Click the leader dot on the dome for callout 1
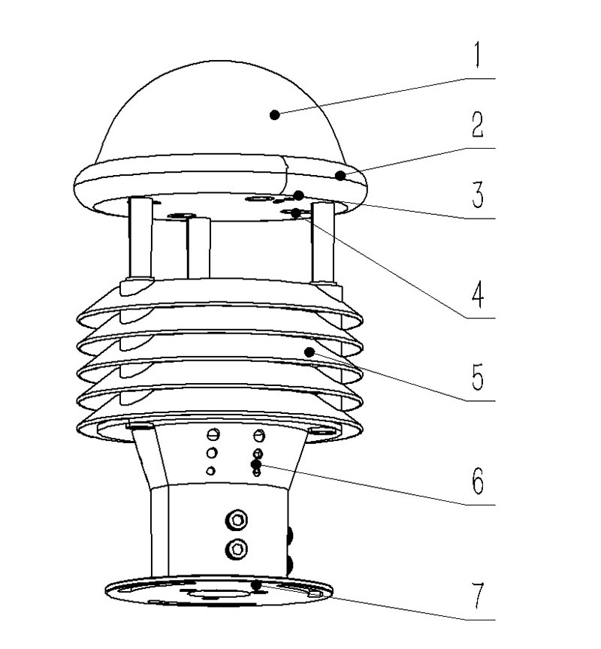point(275,114)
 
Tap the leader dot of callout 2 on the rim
point(341,176)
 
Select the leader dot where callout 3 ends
point(298,195)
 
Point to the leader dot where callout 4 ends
point(298,214)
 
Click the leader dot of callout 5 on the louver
point(308,352)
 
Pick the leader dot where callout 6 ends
point(256,464)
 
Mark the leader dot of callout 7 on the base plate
point(256,584)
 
